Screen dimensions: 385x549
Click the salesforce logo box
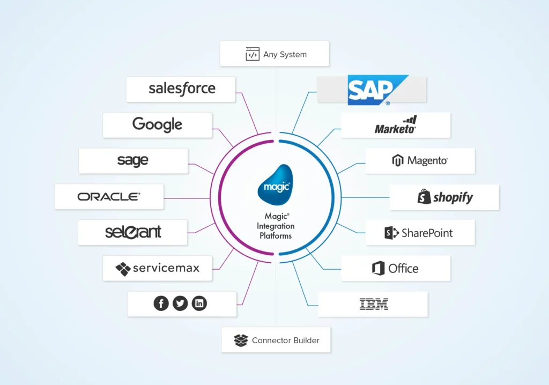pos(181,89)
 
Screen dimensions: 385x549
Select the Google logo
pos(157,124)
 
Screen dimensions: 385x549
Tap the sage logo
pos(133,160)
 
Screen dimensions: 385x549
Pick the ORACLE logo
pos(109,197)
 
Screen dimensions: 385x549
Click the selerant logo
pos(133,232)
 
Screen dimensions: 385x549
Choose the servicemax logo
pos(157,268)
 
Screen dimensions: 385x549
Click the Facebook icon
pos(161,303)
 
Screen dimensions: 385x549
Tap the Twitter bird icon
pos(180,303)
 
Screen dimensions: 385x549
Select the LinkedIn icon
pos(199,303)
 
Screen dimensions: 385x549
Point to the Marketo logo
pos(396,125)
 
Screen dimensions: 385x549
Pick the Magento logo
pos(420,160)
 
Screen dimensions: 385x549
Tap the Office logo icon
pos(379,268)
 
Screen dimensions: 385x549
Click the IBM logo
pos(374,305)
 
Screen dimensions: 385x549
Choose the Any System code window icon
pos(253,54)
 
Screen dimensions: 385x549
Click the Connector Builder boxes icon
pos(241,340)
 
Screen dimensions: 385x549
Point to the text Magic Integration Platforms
pos(276,225)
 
